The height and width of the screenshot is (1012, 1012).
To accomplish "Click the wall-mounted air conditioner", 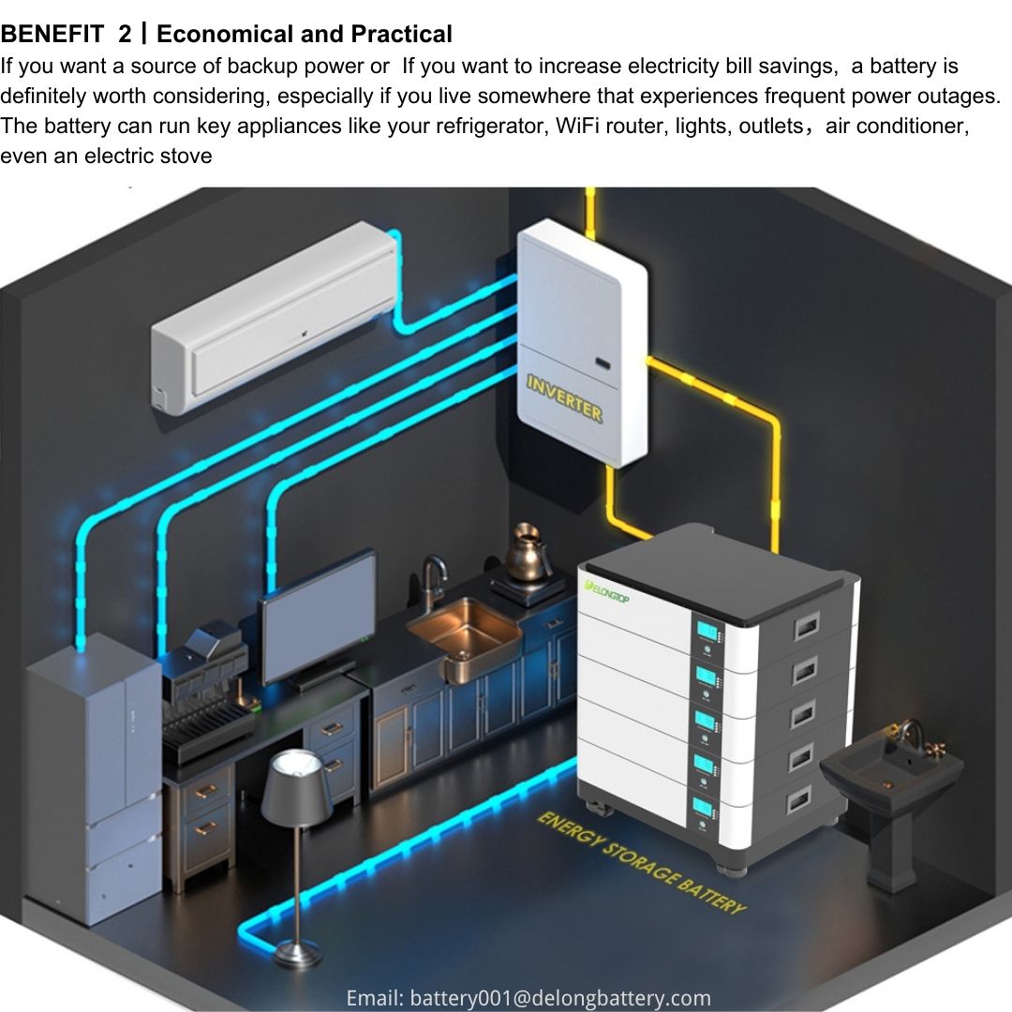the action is (x=275, y=318).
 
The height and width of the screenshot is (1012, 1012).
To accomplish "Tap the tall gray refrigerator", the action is (x=94, y=778).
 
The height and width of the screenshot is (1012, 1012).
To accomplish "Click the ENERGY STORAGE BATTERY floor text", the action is (x=642, y=863).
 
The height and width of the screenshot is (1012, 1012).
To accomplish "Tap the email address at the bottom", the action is (x=528, y=998).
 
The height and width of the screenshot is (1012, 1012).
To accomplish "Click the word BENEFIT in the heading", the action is (x=52, y=34).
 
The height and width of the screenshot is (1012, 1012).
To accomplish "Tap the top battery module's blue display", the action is (x=707, y=631).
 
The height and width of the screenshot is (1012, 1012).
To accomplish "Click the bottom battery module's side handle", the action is (x=799, y=800).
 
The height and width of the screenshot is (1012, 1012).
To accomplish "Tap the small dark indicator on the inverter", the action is (x=603, y=364).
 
